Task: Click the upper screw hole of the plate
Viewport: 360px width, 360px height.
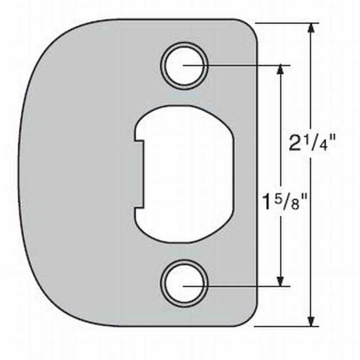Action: (x=184, y=65)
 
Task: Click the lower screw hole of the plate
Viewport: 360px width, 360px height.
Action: (x=184, y=285)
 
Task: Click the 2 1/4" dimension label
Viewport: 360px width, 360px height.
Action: (x=311, y=145)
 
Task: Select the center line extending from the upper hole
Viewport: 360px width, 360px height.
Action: (x=245, y=65)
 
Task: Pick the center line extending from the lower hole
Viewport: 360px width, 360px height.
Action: (x=245, y=285)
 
